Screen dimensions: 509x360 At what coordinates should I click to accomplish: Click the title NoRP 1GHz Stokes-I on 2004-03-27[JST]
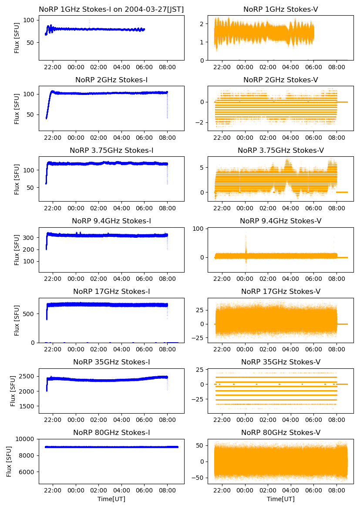[x=111, y=9]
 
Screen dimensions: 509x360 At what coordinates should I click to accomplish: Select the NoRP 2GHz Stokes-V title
[x=280, y=80]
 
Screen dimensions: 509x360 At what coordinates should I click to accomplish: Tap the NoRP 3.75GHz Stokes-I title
[x=111, y=150]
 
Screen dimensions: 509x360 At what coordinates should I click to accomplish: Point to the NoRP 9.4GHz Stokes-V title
[x=280, y=221]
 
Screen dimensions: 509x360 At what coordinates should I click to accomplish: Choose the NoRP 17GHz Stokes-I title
[x=111, y=292]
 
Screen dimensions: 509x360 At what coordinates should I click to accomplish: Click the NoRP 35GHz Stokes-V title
[x=280, y=362]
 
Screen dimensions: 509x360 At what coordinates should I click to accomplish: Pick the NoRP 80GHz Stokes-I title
[x=111, y=433]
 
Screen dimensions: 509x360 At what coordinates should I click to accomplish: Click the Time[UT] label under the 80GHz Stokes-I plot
[x=111, y=499]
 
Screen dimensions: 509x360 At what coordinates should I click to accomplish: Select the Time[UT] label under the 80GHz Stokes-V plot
[x=280, y=499]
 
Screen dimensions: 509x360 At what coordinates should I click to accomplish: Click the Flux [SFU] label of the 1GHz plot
[x=17, y=38]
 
